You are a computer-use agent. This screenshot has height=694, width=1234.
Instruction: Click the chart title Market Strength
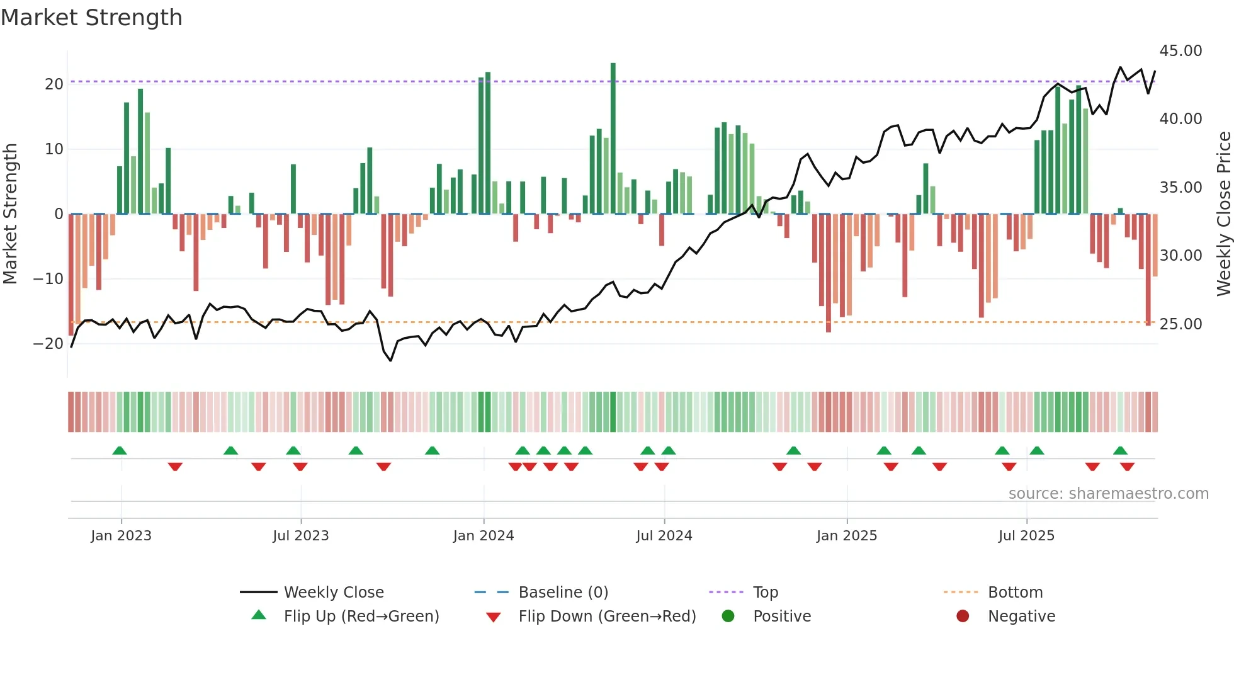[x=91, y=18]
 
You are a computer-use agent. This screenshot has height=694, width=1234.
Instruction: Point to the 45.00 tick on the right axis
[x=1180, y=51]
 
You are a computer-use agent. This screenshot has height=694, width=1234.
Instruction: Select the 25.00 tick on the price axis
[x=1180, y=324]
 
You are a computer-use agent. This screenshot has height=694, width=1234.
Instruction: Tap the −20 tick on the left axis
[x=48, y=344]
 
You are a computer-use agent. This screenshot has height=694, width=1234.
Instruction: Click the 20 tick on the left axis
[x=54, y=84]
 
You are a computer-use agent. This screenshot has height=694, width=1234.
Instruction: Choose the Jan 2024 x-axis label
[x=484, y=536]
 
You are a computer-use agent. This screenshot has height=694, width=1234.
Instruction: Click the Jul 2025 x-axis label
[x=1026, y=536]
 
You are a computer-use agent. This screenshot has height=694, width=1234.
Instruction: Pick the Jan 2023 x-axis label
[x=121, y=536]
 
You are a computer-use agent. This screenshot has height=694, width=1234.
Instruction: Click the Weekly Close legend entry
[x=333, y=593]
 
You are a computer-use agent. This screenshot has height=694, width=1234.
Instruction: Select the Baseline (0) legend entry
[x=563, y=593]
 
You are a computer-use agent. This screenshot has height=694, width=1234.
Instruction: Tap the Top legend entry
[x=766, y=593]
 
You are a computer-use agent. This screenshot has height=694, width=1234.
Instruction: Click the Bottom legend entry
[x=1015, y=593]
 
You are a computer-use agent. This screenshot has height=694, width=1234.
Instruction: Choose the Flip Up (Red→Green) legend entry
[x=361, y=617]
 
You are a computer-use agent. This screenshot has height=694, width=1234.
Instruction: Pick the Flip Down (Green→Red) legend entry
[x=607, y=617]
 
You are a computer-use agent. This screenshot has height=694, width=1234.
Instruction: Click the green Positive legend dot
[x=728, y=617]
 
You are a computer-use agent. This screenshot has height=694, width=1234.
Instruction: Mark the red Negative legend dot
[x=963, y=617]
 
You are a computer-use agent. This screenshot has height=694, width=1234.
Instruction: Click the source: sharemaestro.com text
[x=1108, y=494]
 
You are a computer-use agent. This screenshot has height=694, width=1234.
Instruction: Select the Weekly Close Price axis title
[x=1223, y=214]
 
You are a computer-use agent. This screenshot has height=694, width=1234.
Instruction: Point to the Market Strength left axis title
[x=10, y=214]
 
